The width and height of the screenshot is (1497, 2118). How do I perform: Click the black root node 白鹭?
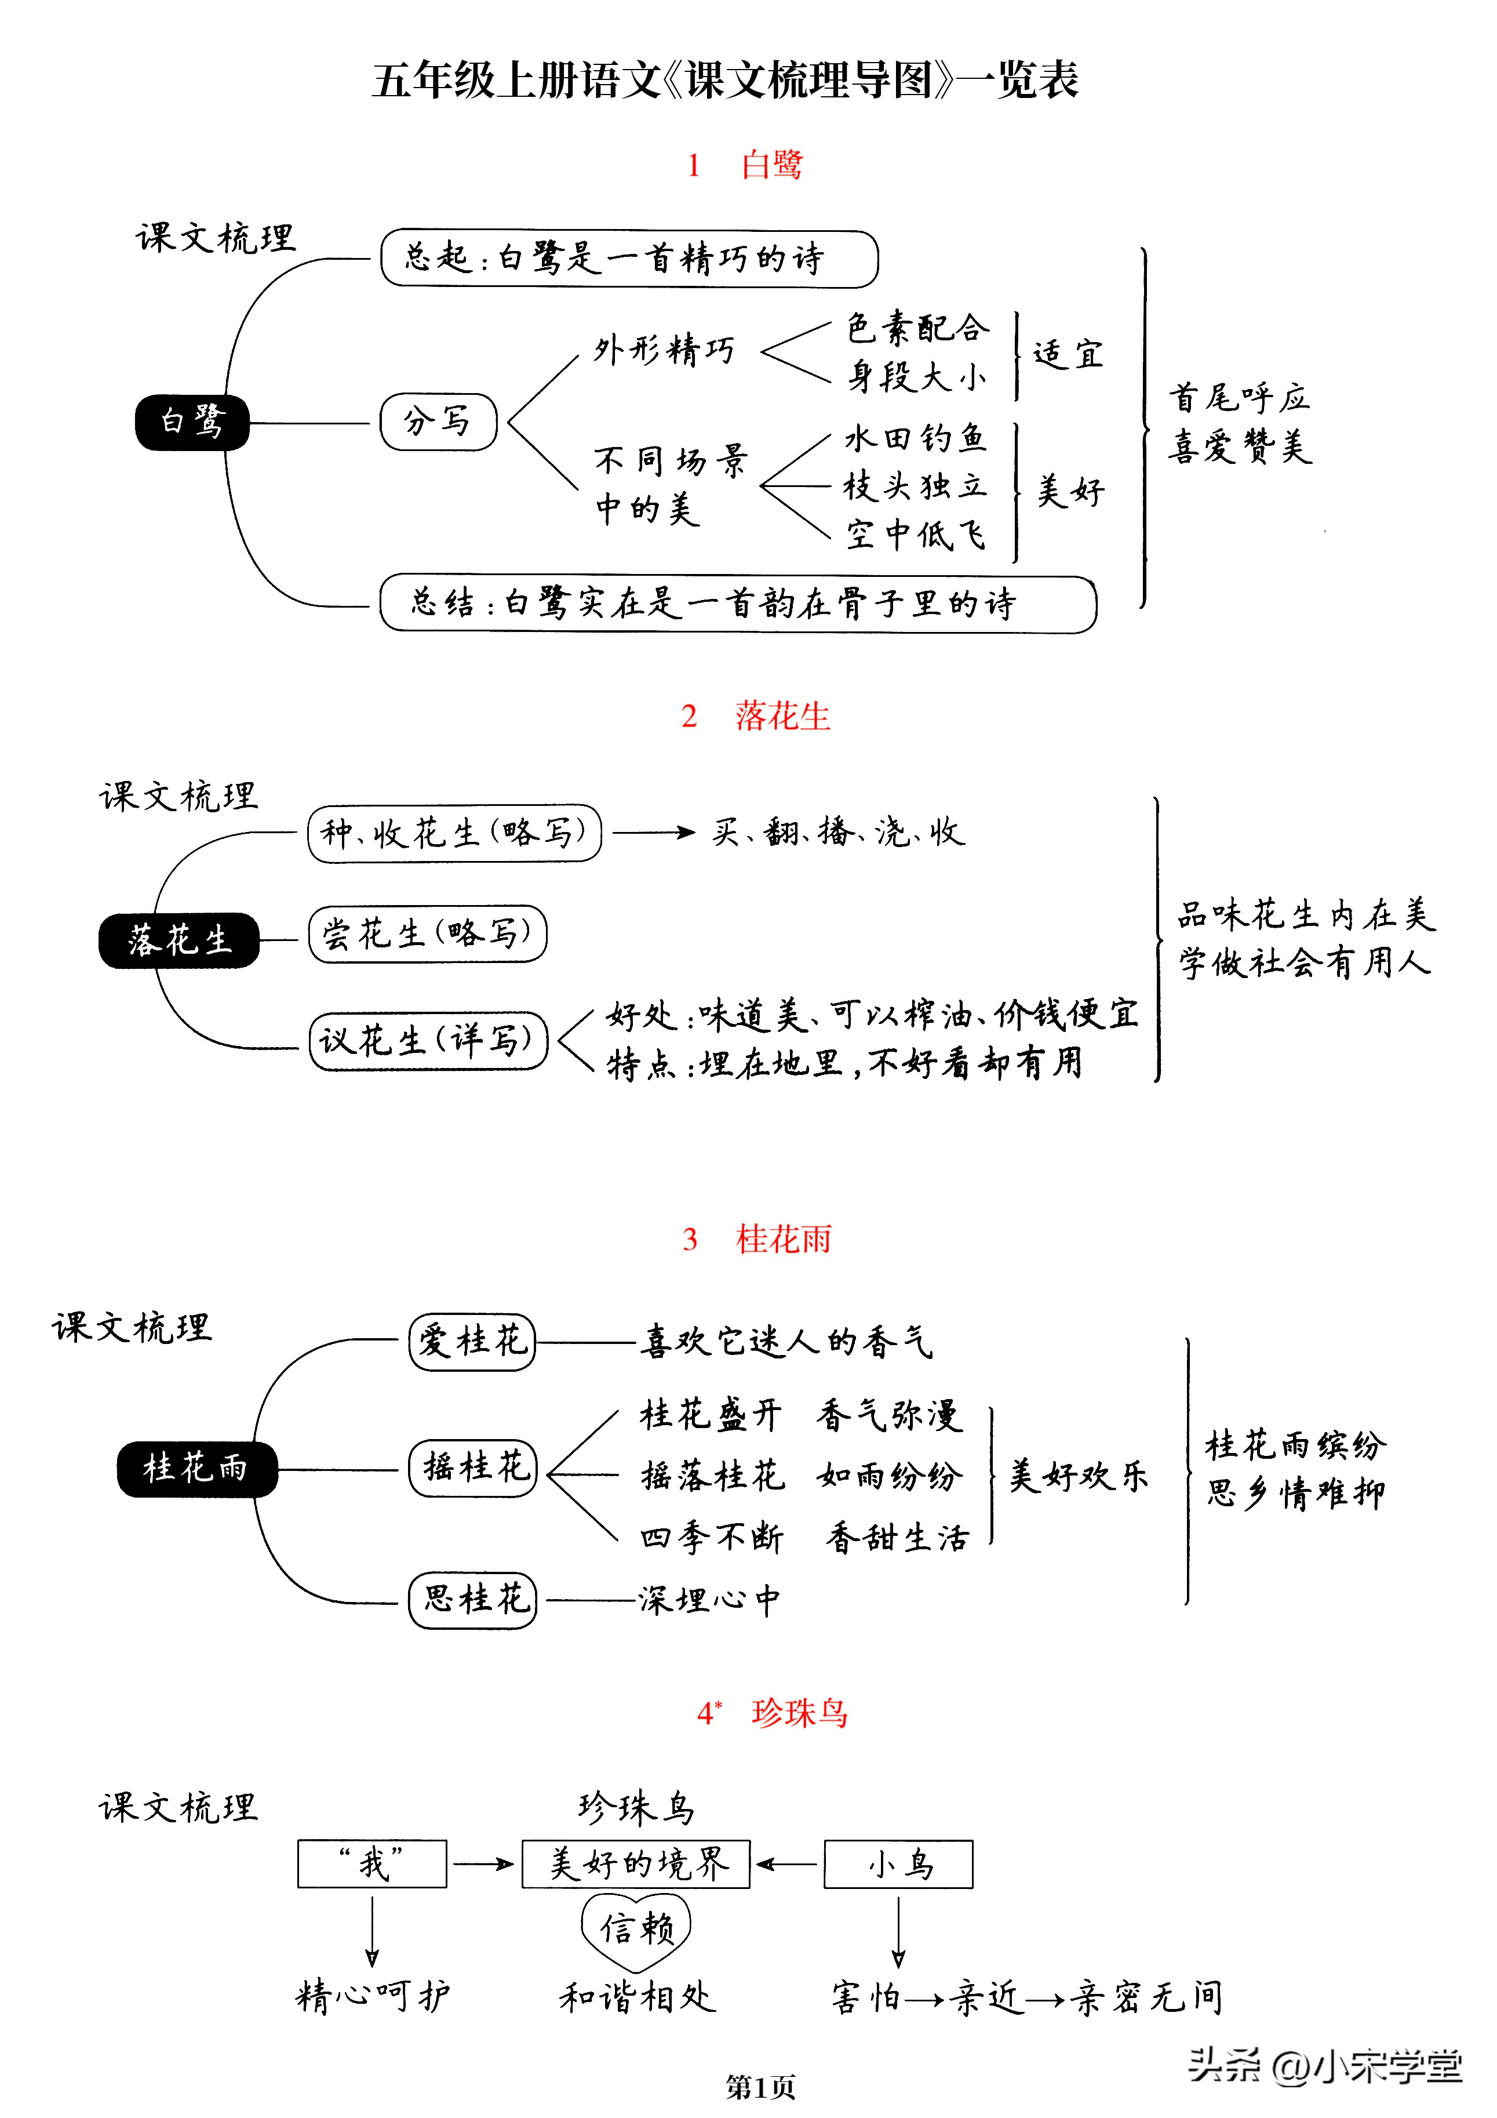pyautogui.click(x=192, y=423)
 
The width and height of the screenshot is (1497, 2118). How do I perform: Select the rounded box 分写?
pyautogui.click(x=438, y=423)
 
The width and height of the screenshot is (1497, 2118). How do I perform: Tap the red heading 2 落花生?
pyautogui.click(x=755, y=716)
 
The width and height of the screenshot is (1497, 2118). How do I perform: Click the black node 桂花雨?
pyautogui.click(x=196, y=1469)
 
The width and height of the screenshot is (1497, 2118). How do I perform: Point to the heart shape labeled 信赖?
pyautogui.click(x=636, y=1929)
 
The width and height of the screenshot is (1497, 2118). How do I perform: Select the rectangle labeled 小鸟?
pyautogui.click(x=898, y=1864)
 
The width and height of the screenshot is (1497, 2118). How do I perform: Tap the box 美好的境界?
pyautogui.click(x=636, y=1864)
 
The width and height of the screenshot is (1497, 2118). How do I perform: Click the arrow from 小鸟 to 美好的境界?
pyautogui.click(x=786, y=1864)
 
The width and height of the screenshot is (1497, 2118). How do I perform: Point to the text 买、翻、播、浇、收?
pyautogui.click(x=837, y=833)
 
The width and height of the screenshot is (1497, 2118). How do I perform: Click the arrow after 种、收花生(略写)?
pyautogui.click(x=653, y=833)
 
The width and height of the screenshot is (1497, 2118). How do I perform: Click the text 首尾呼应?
pyautogui.click(x=1239, y=398)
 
